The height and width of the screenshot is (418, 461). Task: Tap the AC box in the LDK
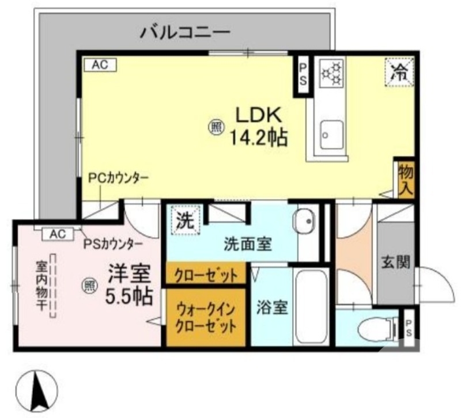coord(100,65)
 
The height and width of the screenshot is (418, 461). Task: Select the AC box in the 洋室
coord(57,234)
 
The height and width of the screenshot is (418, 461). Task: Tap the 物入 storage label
coord(406,178)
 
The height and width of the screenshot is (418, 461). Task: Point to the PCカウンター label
coord(118,178)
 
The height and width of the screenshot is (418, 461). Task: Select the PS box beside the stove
coord(303,73)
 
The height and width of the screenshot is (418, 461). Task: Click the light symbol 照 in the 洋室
coord(88,284)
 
